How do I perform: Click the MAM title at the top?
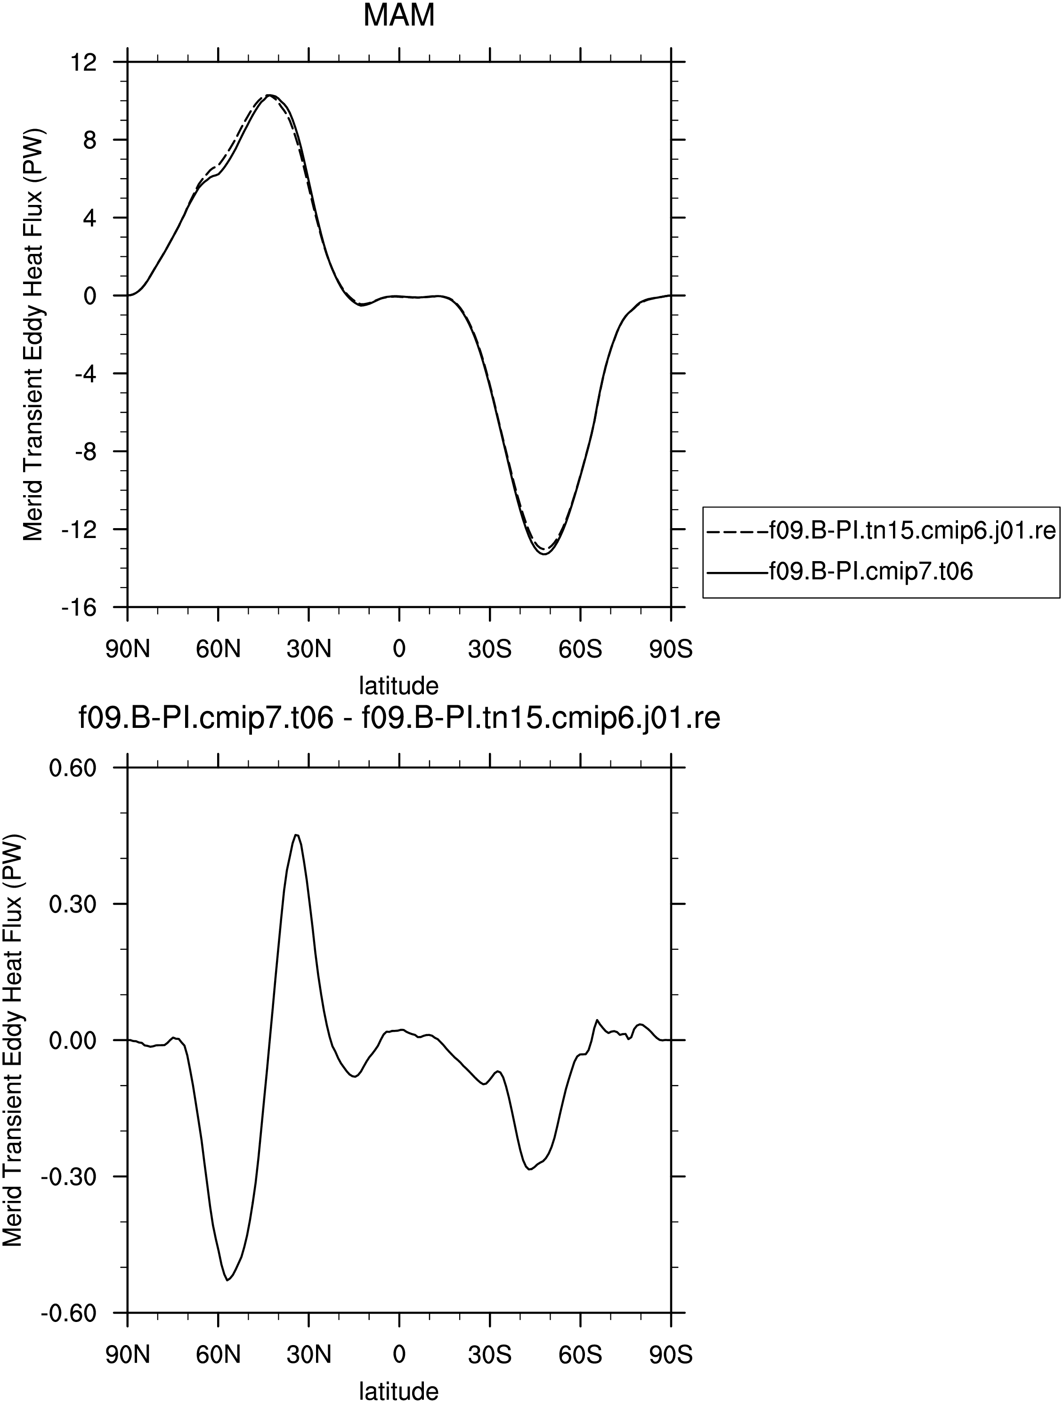(x=398, y=15)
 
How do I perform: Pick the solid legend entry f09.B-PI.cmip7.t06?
(x=840, y=572)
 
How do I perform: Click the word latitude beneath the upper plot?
(x=399, y=685)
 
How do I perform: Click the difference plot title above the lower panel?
(x=399, y=719)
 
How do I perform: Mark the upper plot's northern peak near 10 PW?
(x=269, y=95)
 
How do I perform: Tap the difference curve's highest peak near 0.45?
(x=296, y=835)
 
